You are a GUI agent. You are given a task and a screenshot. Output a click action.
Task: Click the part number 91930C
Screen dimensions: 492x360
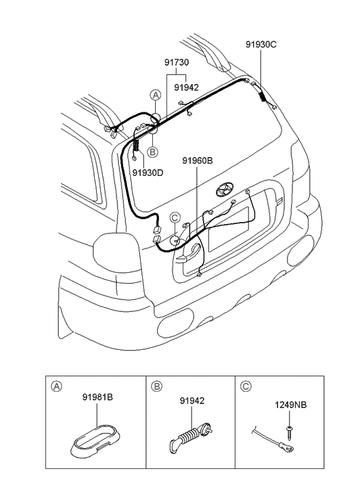tap(261, 45)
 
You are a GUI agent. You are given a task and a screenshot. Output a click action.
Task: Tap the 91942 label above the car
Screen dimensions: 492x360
tap(186, 87)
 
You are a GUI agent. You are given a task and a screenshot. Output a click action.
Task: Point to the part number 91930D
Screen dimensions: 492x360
tap(148, 173)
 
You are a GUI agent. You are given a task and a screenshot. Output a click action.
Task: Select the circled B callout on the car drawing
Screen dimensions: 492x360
tap(153, 152)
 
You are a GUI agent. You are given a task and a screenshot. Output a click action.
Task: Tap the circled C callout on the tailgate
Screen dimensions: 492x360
tap(175, 217)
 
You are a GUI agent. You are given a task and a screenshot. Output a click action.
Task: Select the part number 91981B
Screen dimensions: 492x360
tap(97, 397)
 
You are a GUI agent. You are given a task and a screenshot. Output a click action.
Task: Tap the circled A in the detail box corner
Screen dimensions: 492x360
tap(58, 387)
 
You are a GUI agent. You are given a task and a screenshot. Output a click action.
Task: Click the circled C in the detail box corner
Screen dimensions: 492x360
tap(246, 387)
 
